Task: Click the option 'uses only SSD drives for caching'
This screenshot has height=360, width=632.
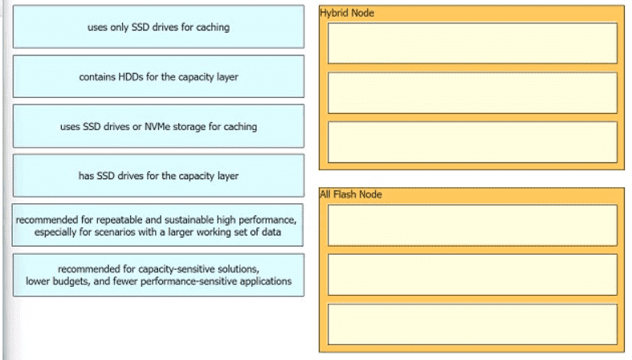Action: [158, 27]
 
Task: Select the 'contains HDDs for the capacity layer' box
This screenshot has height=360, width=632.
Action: [158, 76]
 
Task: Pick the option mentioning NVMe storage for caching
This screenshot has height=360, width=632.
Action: [158, 126]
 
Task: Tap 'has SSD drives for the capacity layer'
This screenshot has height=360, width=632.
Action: [158, 176]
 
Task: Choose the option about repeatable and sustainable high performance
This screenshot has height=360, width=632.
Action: [157, 225]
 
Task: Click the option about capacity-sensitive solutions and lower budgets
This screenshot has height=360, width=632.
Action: [158, 275]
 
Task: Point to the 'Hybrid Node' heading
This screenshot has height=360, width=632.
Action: [347, 13]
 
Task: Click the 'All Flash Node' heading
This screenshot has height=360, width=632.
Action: [351, 194]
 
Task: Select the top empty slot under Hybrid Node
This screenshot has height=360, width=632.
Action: [472, 43]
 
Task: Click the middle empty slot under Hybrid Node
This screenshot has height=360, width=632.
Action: [472, 92]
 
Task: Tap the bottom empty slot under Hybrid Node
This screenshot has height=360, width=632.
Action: [472, 142]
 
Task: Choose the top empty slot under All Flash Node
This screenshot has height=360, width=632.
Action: [472, 225]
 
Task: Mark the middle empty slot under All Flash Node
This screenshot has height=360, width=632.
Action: [472, 275]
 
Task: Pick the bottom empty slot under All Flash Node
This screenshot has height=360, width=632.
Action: [472, 325]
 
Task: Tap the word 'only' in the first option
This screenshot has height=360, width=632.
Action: [120, 27]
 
